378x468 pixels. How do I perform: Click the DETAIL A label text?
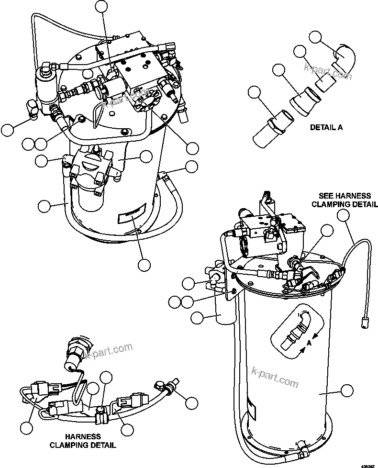coord(326,128)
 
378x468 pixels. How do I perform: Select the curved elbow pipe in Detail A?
coord(344,57)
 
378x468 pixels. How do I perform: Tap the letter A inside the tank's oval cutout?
coord(310,343)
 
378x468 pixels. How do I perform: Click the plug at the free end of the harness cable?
coord(365,323)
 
